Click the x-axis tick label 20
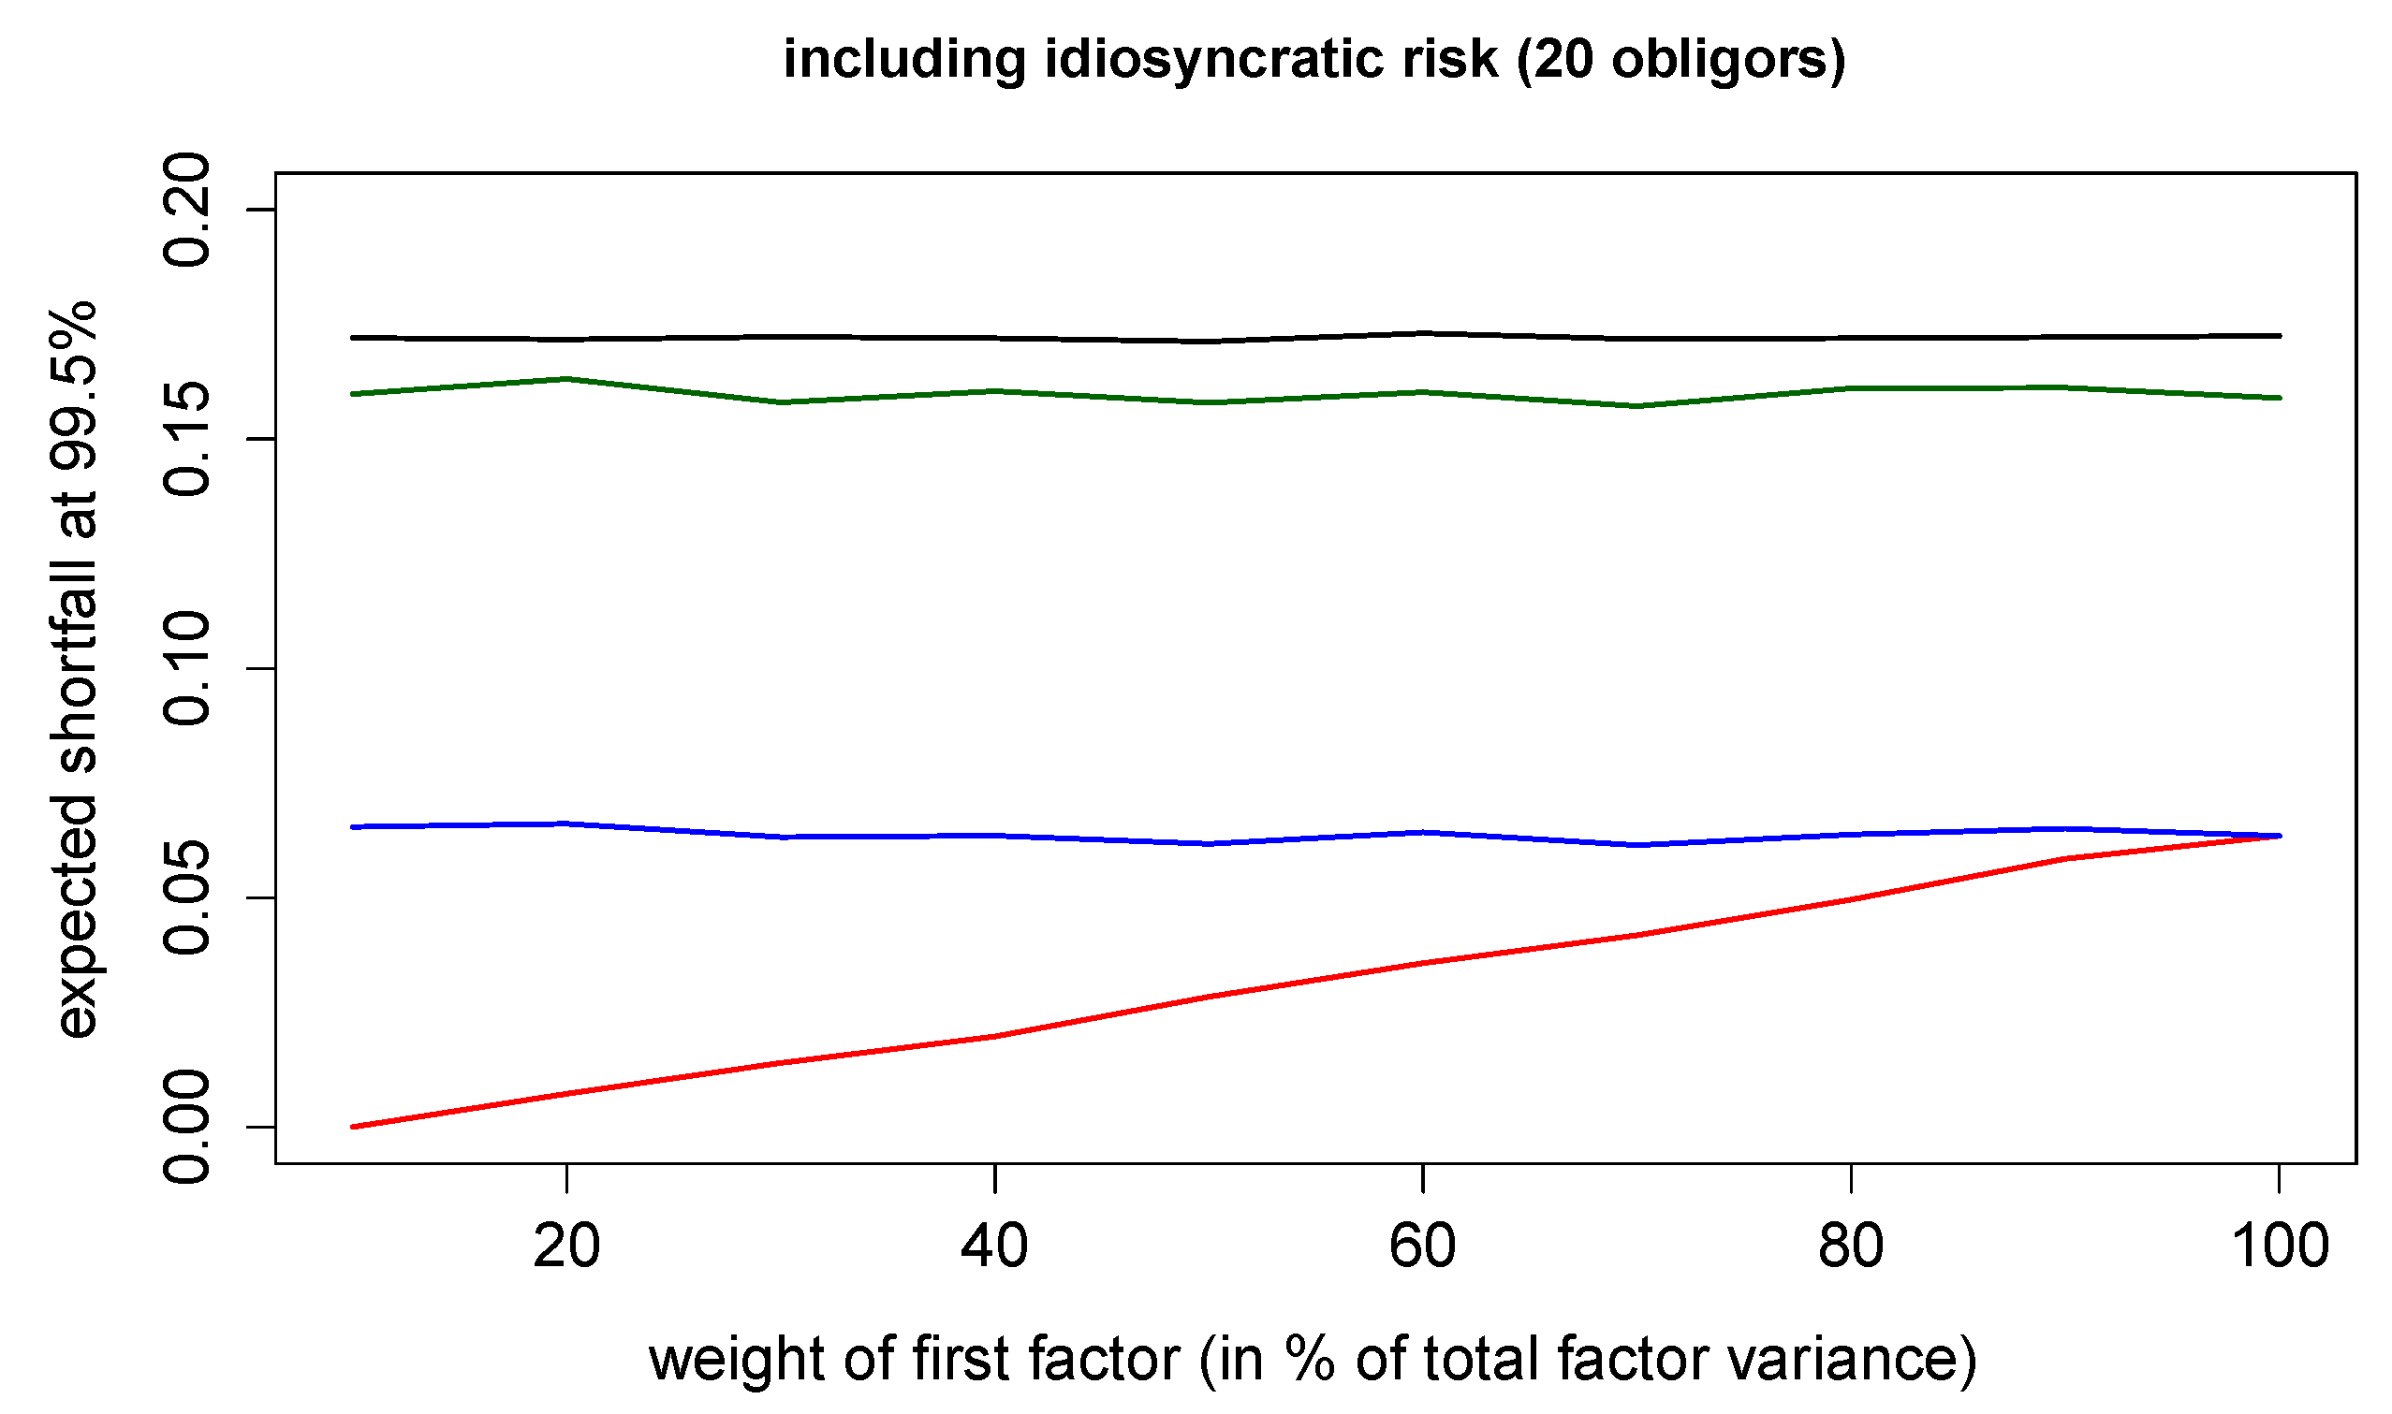click(x=566, y=1247)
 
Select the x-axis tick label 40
click(x=994, y=1247)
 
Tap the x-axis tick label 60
click(x=1422, y=1247)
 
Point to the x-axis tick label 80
click(x=1850, y=1247)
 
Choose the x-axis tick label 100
click(x=2280, y=1247)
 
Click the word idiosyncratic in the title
click(x=1271, y=59)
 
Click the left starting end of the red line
click(x=353, y=1127)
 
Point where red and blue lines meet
click(x=2278, y=836)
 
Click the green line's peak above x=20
click(x=566, y=379)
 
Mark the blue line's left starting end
click(x=353, y=826)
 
